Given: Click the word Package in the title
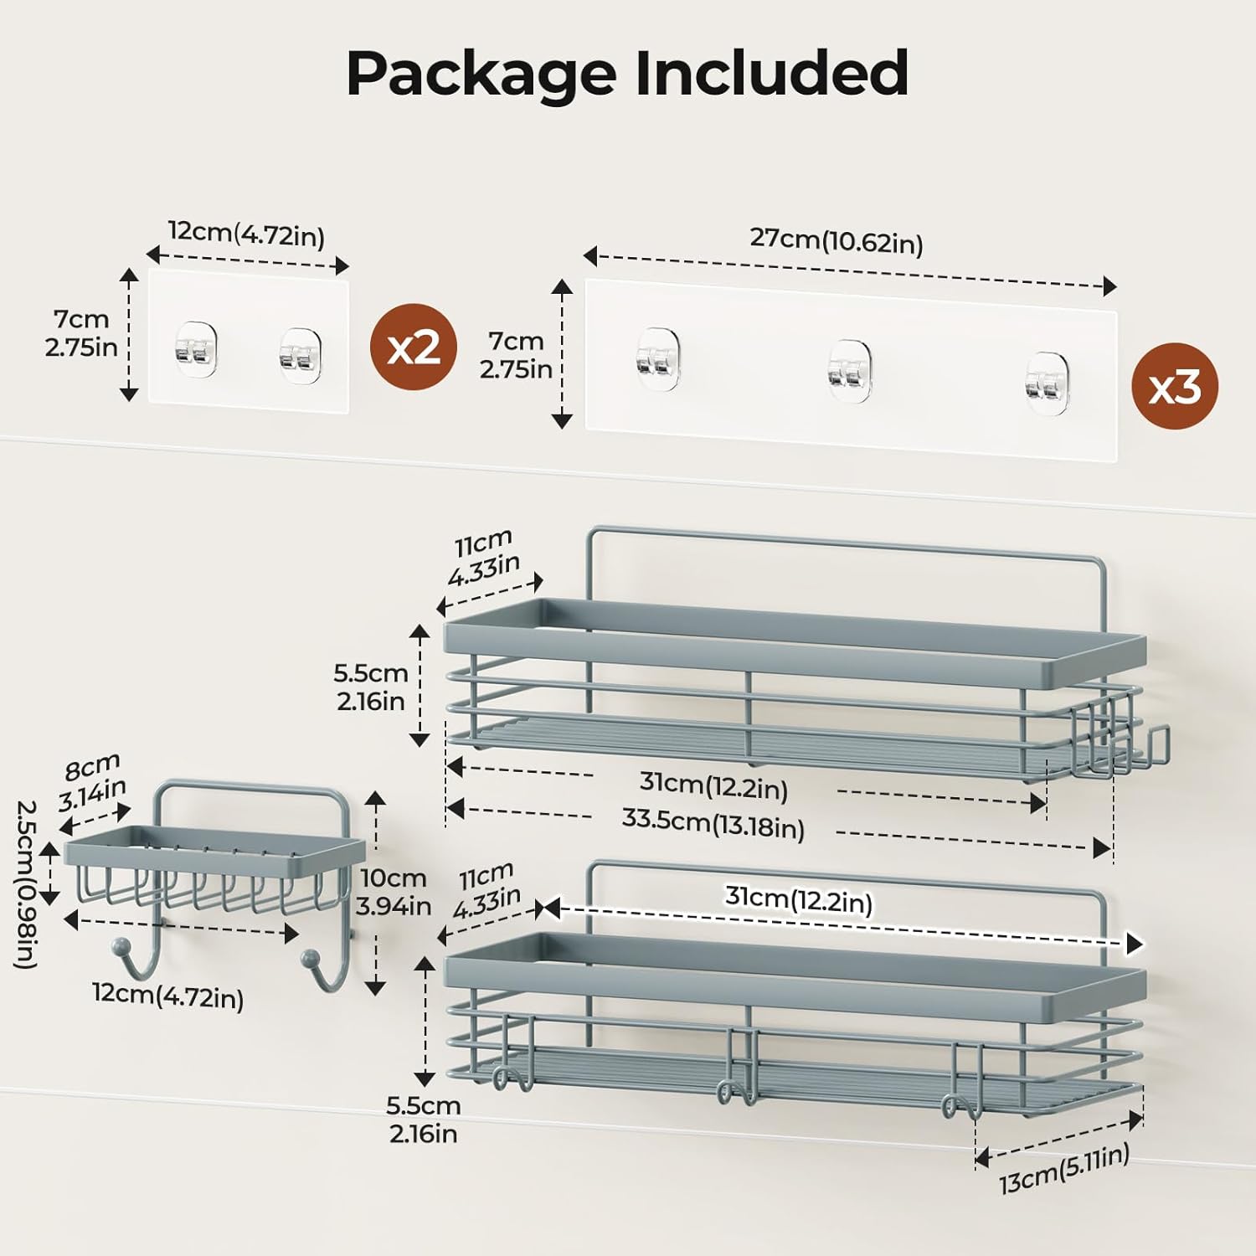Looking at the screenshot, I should pos(481,75).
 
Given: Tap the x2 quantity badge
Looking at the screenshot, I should pos(414,347).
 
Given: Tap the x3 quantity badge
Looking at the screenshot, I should pos(1174,387).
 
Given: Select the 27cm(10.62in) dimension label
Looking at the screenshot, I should pos(836,241).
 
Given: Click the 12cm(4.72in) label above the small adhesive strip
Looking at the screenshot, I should pos(246,234).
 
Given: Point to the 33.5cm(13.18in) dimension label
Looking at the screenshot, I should pos(713,823).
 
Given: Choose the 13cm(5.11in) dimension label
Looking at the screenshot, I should pos(1063,1170).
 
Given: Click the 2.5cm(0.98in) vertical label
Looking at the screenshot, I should pos(27,884).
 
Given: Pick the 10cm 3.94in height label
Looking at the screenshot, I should pos(393,892).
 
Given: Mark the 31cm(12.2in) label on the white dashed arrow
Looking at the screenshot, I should pos(798,900).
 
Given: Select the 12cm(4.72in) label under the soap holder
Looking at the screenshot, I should pos(167,995).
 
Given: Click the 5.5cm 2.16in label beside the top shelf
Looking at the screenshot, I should pos(370,687).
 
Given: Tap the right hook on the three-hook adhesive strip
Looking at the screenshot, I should pos(1046,383).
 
